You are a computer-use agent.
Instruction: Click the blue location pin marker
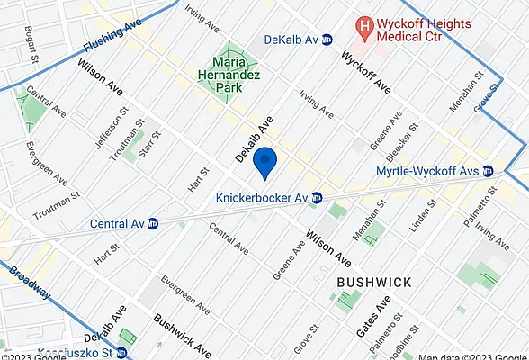tap(264, 163)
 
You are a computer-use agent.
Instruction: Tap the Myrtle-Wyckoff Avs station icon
tap(488, 171)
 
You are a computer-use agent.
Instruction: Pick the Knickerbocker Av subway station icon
tap(316, 198)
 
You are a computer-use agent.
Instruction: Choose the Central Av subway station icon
tap(154, 223)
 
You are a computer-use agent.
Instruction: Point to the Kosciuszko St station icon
tap(120, 354)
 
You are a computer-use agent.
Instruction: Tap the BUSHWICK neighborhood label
tap(374, 282)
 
